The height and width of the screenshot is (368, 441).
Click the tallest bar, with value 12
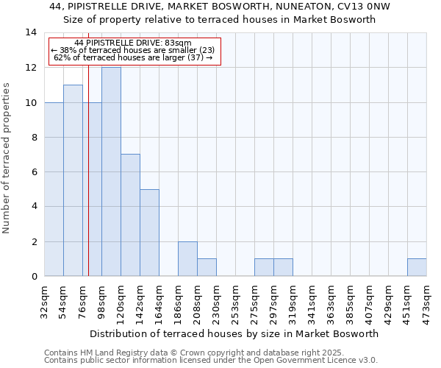[x=111, y=171]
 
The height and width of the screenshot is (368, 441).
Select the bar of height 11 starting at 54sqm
[x=73, y=180]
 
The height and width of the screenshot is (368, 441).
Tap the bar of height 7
[x=130, y=215]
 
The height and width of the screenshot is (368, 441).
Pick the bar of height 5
[x=149, y=233]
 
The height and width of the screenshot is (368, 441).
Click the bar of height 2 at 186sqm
[x=187, y=258]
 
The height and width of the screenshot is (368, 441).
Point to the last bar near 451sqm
[x=417, y=267]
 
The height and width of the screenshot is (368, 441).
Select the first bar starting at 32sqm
[x=54, y=189]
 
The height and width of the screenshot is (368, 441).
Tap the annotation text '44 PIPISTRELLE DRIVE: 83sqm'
[x=133, y=43]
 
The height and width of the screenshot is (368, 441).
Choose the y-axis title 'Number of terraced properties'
[x=7, y=158]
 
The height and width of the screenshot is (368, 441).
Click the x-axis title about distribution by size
[x=234, y=333]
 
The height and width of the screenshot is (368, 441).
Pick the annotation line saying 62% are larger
[x=133, y=57]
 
